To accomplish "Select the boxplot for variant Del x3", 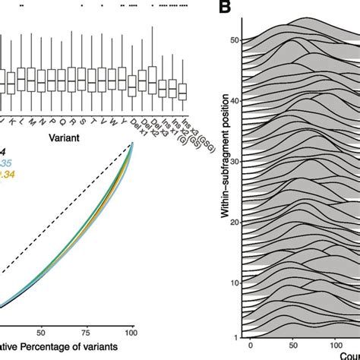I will (x=153, y=80).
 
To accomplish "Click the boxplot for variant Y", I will (x=122, y=80).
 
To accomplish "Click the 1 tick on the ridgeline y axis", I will (x=237, y=336).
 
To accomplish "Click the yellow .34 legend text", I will (x=8, y=175).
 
